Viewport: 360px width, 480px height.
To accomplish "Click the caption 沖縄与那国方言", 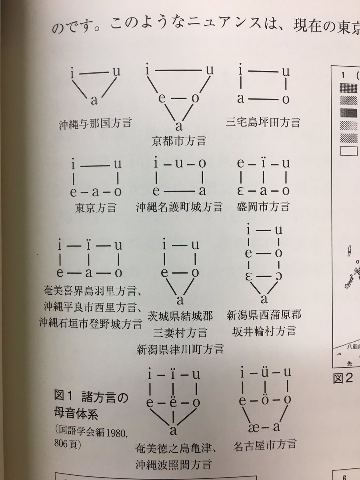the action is [x=95, y=123].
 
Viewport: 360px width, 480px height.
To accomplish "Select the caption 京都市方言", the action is [x=179, y=140].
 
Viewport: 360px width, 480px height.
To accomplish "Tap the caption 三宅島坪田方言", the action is [x=263, y=122].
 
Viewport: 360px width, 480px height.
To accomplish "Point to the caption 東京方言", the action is [x=96, y=207].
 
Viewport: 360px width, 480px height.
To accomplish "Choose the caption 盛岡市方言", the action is [x=263, y=206].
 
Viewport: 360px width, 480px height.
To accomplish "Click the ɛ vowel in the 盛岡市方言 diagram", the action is [x=240, y=191].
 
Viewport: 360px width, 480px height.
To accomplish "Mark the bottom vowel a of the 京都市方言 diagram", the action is [x=179, y=126].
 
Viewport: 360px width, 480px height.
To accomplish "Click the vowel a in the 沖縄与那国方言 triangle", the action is [x=94, y=100].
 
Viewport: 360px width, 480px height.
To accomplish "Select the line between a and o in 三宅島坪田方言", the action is [x=263, y=100].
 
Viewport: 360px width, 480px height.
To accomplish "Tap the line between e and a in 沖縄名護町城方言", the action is [x=179, y=191].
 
